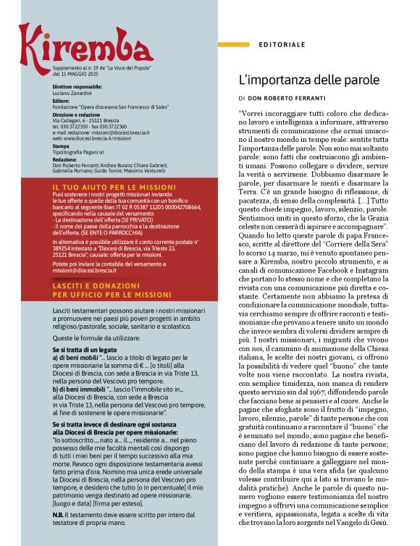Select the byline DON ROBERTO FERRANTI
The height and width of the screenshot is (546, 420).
coord(298,96)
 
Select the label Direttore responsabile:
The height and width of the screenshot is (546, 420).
coord(77,87)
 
